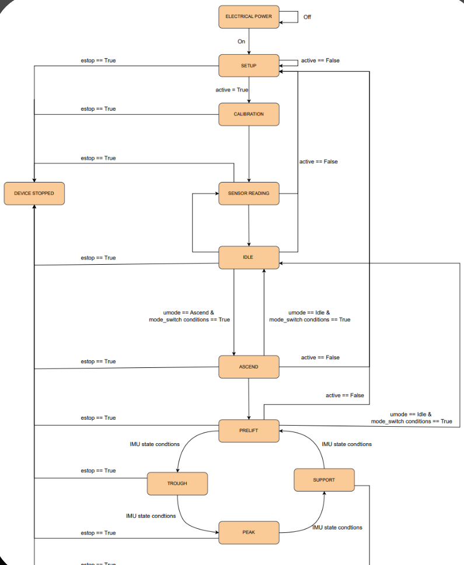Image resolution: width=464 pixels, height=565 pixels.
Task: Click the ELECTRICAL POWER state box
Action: coord(249,17)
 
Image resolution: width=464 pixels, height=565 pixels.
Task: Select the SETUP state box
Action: coord(249,66)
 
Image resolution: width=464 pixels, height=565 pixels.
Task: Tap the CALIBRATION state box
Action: coord(249,114)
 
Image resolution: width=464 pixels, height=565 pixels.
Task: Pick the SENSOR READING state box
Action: coord(249,194)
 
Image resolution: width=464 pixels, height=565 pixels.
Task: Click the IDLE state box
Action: coord(249,257)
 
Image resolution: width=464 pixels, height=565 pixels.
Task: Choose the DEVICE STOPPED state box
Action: coord(34,194)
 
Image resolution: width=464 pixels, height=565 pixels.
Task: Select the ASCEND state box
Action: coord(249,367)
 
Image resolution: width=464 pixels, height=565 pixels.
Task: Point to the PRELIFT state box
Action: coord(249,430)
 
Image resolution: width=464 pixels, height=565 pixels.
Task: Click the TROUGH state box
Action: coord(177,483)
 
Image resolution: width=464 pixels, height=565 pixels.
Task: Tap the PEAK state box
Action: coord(249,532)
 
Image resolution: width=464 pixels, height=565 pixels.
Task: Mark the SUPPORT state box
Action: coord(324,480)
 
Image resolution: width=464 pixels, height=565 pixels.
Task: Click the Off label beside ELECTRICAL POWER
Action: coord(307,17)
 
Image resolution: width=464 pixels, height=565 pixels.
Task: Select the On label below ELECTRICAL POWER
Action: coord(242,41)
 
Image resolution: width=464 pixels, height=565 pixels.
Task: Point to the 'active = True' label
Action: coord(232,90)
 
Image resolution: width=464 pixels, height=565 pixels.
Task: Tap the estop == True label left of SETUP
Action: coord(98,61)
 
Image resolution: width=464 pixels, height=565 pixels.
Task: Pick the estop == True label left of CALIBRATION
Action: coord(98,109)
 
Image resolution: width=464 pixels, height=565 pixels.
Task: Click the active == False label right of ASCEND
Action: coord(320,357)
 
